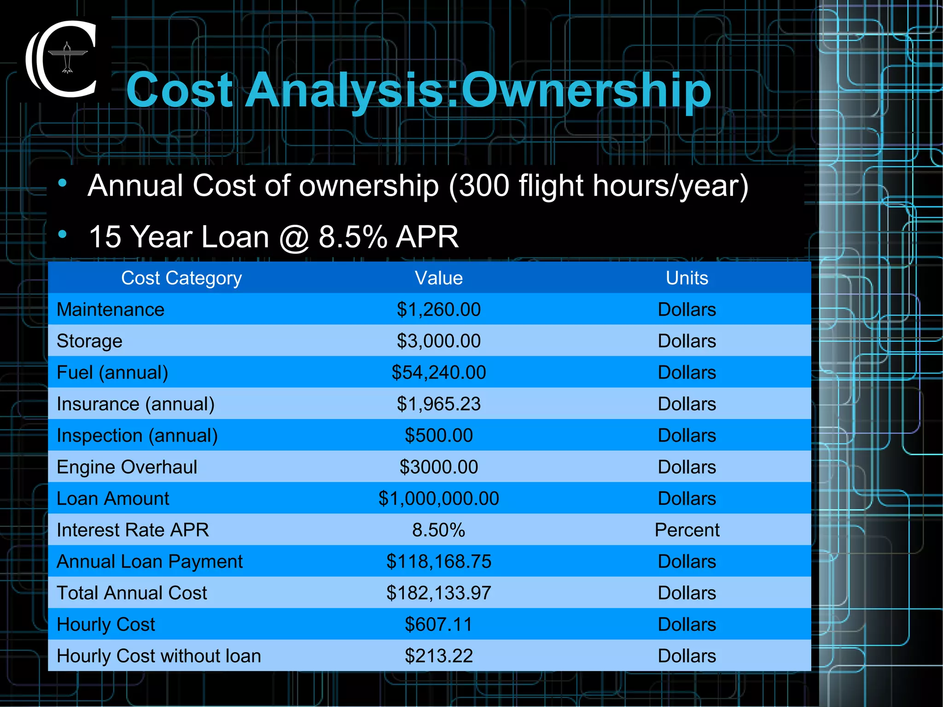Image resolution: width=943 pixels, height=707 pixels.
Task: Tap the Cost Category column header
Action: click(x=181, y=278)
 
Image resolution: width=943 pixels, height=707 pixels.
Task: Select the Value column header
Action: click(x=438, y=278)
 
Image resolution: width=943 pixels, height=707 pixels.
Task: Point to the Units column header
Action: click(x=687, y=278)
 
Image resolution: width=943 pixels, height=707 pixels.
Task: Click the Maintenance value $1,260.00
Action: click(x=438, y=310)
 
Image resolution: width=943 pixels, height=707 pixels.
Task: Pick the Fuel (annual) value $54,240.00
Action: click(x=438, y=373)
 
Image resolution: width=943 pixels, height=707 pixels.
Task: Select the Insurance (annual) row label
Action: click(x=135, y=404)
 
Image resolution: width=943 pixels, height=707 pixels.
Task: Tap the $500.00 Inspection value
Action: click(x=438, y=436)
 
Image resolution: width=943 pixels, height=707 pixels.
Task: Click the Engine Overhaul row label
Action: click(x=127, y=467)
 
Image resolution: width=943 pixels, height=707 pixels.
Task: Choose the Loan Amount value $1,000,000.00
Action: click(x=438, y=499)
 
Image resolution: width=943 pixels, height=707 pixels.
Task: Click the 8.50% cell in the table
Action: click(x=438, y=530)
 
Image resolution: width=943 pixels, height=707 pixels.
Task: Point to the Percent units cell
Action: click(x=687, y=530)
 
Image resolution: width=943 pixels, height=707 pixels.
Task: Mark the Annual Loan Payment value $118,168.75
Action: click(x=438, y=561)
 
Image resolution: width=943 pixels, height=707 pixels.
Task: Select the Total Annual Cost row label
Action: click(x=132, y=593)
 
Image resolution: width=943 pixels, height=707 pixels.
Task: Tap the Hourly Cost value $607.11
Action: click(x=438, y=625)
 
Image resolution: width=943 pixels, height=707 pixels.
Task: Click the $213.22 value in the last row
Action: click(x=438, y=656)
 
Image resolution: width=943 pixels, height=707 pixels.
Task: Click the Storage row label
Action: click(x=89, y=341)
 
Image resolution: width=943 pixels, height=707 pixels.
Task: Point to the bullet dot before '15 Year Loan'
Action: click(x=63, y=234)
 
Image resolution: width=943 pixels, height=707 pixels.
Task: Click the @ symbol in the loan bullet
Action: click(x=294, y=238)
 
